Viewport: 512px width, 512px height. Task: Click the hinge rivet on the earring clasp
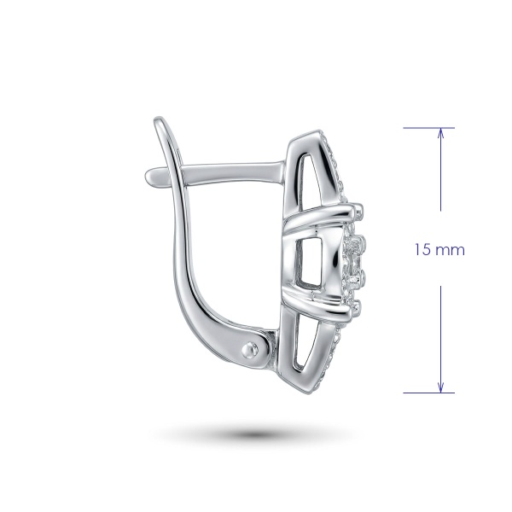click(x=250, y=351)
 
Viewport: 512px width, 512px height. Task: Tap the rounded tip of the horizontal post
click(x=149, y=177)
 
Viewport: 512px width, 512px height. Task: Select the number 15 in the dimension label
click(x=422, y=250)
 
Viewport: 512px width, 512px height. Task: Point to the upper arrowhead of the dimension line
click(x=441, y=134)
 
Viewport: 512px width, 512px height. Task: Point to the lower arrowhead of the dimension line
click(x=441, y=387)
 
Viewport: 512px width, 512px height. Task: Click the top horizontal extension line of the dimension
click(x=428, y=128)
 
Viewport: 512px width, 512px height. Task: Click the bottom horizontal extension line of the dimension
click(x=428, y=393)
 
